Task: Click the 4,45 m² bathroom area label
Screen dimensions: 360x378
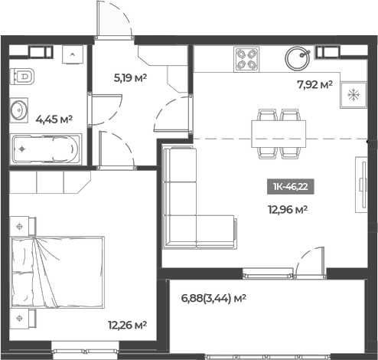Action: (x=54, y=119)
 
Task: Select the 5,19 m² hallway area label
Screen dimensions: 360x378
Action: (x=130, y=77)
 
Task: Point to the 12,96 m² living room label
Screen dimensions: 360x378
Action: (x=288, y=208)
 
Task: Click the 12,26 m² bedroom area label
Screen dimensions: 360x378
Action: (x=128, y=325)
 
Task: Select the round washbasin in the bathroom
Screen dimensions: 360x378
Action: (x=20, y=110)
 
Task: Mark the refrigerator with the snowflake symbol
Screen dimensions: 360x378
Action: (x=354, y=95)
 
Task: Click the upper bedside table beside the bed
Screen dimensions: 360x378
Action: (x=22, y=226)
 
